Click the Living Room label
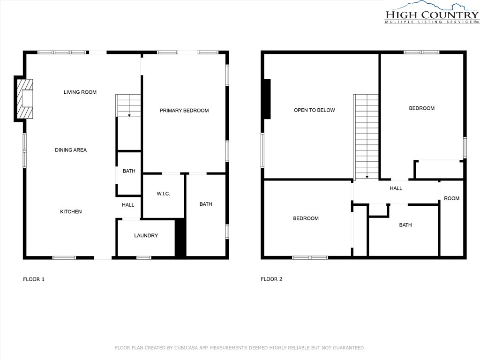pos(80,92)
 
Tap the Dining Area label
pos(71,150)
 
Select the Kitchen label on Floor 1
pos(71,211)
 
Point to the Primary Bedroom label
pos(184,111)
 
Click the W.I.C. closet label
pos(163,194)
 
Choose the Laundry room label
pos(146,235)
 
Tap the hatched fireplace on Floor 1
pos(24,99)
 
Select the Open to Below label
pos(315,110)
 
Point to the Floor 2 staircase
pos(367,136)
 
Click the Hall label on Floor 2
pos(396,188)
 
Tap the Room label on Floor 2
pos(451,198)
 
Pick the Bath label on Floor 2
pos(405,225)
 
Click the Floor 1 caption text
pos(34,279)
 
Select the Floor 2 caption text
pos(271,279)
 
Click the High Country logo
pos(432,13)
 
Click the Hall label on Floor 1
pos(128,205)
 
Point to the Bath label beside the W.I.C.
pos(206,204)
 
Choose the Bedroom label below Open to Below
pos(306,218)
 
